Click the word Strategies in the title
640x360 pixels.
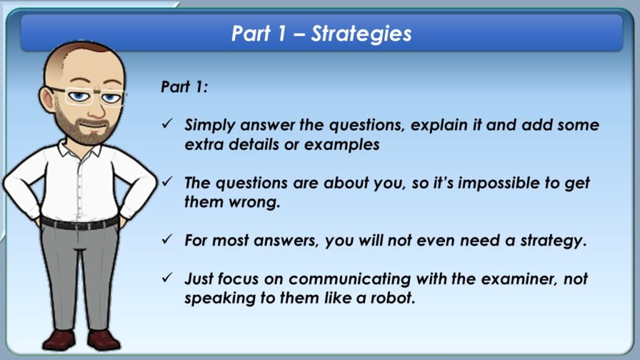click(361, 34)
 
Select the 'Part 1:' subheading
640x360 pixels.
click(184, 86)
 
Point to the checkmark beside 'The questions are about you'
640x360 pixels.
click(167, 182)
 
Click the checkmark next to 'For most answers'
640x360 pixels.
click(167, 239)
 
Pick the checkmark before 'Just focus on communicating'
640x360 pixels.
click(167, 277)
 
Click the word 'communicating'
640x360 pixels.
click(349, 279)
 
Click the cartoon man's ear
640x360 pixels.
click(47, 99)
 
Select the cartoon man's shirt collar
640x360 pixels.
click(79, 149)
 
